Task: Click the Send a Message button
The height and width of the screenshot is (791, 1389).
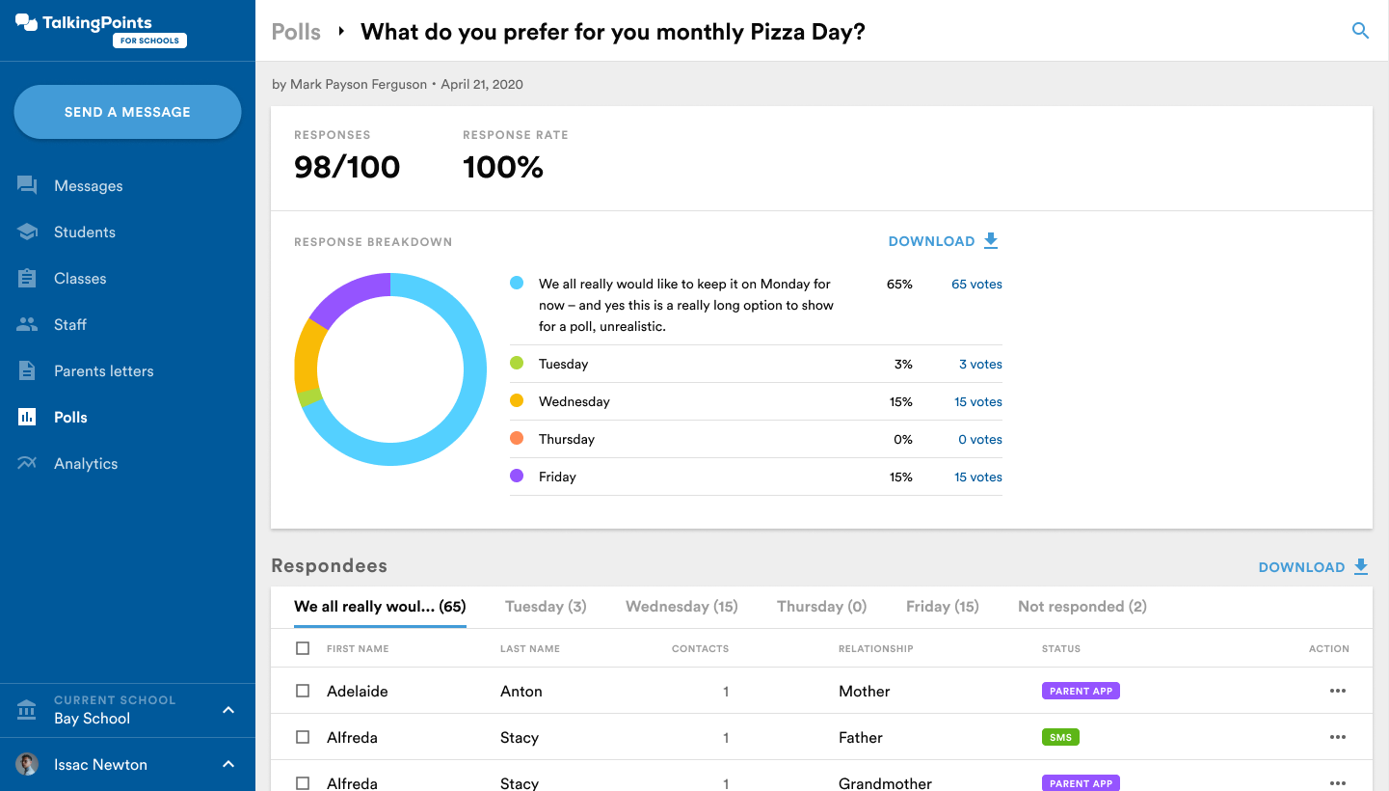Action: tap(127, 112)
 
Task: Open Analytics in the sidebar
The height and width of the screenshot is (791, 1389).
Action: tap(85, 464)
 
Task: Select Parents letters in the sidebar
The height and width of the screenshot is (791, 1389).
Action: tap(103, 371)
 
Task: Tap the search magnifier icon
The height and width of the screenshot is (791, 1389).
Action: tap(1360, 31)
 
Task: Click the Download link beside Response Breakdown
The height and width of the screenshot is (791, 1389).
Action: tap(943, 241)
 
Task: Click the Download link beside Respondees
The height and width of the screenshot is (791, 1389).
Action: tap(1313, 567)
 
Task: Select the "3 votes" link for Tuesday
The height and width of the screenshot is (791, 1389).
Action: tap(979, 365)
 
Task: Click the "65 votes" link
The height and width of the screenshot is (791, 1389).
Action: tap(976, 285)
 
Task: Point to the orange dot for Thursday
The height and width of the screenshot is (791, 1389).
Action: tap(517, 439)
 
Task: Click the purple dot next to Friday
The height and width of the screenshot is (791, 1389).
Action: tap(517, 477)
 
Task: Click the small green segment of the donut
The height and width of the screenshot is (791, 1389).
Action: tap(308, 396)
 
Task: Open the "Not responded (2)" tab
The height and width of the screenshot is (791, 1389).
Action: tap(1082, 607)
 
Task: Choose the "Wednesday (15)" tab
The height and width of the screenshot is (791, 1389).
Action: tap(681, 607)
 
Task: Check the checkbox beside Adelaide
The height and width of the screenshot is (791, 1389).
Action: tap(303, 692)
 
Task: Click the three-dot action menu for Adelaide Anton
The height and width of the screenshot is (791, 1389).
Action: tap(1337, 692)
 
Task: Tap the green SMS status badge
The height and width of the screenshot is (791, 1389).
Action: tap(1060, 738)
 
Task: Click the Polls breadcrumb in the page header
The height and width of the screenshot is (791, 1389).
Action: tap(296, 32)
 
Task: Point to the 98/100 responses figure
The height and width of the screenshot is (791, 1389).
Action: tap(347, 168)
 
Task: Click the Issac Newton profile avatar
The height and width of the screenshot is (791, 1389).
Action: tap(27, 765)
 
